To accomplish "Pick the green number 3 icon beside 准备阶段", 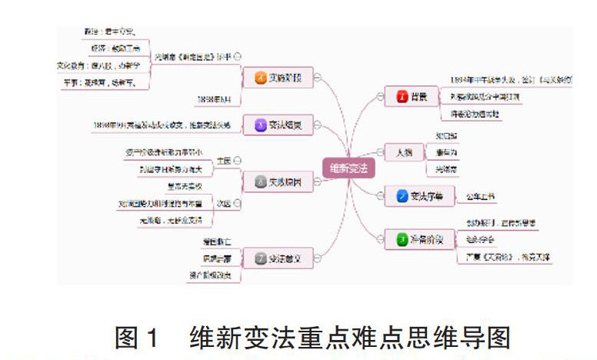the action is [402, 240].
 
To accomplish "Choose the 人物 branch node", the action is [399, 152].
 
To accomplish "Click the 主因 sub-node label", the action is [224, 160].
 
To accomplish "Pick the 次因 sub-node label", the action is [224, 204].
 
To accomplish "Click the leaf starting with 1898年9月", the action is [160, 124].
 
